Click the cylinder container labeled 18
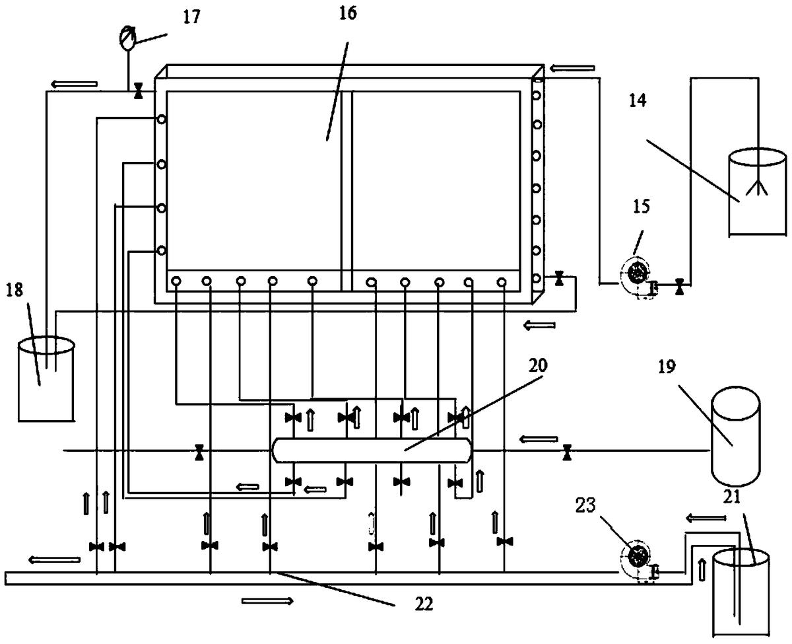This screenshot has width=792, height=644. [46, 379]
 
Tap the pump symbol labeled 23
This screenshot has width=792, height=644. [638, 557]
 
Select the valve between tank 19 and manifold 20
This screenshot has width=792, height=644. [566, 452]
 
